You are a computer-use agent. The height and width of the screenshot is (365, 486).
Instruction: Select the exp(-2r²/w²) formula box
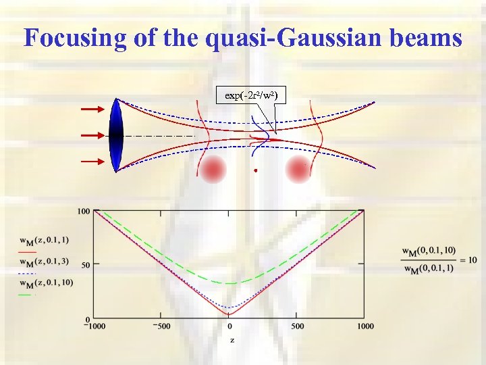[250, 95]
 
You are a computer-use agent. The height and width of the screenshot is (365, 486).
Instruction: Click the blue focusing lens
[117, 135]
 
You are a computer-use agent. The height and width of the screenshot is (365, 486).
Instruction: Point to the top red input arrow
[92, 108]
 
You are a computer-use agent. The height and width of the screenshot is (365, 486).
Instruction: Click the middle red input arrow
[92, 135]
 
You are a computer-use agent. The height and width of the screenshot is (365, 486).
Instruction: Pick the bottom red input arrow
[92, 162]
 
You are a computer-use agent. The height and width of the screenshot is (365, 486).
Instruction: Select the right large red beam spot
[298, 169]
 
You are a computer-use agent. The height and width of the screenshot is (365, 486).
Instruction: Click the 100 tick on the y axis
[83, 212]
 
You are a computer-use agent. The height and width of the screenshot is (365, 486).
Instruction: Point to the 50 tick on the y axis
[85, 264]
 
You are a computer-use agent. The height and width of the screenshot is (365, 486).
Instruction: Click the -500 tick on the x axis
[160, 326]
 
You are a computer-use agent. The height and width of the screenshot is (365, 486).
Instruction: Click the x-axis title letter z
[232, 339]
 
